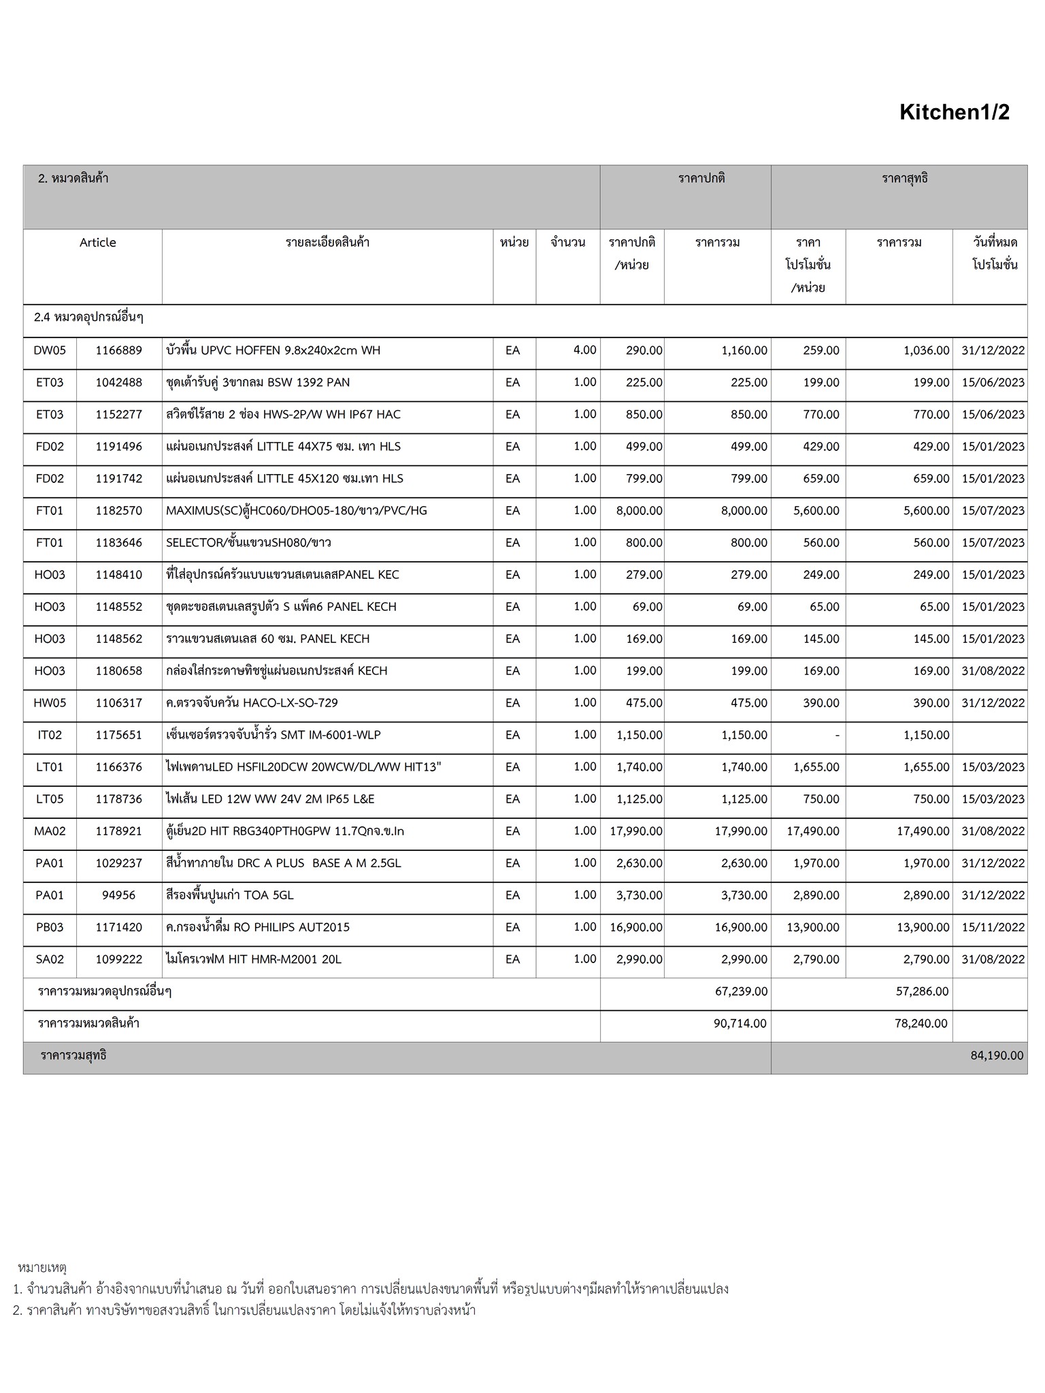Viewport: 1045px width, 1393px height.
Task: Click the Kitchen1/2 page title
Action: pyautogui.click(x=954, y=112)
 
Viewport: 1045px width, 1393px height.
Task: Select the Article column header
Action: pyautogui.click(x=98, y=243)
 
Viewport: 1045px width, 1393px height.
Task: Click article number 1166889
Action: pyautogui.click(x=119, y=350)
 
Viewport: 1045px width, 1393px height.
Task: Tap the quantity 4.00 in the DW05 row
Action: pyautogui.click(x=584, y=350)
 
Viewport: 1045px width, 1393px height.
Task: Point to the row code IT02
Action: pyautogui.click(x=50, y=735)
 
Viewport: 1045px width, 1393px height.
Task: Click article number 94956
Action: pyautogui.click(x=119, y=895)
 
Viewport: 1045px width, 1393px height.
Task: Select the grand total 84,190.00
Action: pyautogui.click(x=997, y=1056)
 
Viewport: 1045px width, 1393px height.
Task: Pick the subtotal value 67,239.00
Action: pyautogui.click(x=741, y=992)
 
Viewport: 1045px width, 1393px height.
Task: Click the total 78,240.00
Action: pyautogui.click(x=920, y=1024)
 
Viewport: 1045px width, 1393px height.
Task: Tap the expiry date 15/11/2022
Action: pyautogui.click(x=993, y=927)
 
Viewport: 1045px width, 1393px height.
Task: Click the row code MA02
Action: pyautogui.click(x=50, y=831)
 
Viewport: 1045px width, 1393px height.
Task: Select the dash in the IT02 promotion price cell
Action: pyautogui.click(x=836, y=735)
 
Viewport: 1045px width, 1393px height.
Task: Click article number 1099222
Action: pyautogui.click(x=119, y=960)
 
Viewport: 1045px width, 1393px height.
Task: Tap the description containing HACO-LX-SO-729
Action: pyautogui.click(x=252, y=703)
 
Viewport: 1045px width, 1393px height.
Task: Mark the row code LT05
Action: pyautogui.click(x=50, y=799)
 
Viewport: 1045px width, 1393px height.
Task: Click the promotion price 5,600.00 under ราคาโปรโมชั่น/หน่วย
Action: pyautogui.click(x=816, y=511)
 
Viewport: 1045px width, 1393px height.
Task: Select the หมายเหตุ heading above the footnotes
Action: pyautogui.click(x=42, y=1267)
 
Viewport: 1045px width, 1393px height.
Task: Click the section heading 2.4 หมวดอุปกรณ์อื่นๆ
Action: pyautogui.click(x=88, y=318)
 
